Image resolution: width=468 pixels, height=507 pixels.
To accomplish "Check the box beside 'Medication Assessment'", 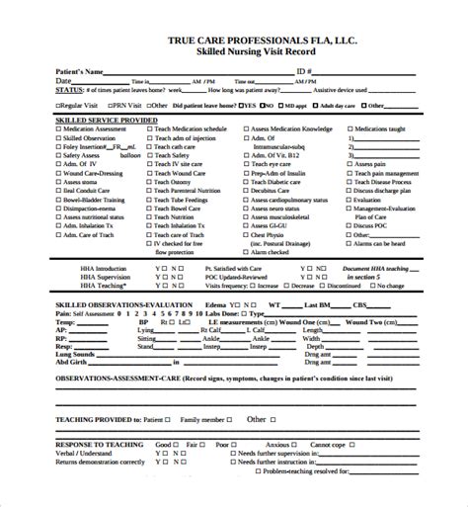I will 33,128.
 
